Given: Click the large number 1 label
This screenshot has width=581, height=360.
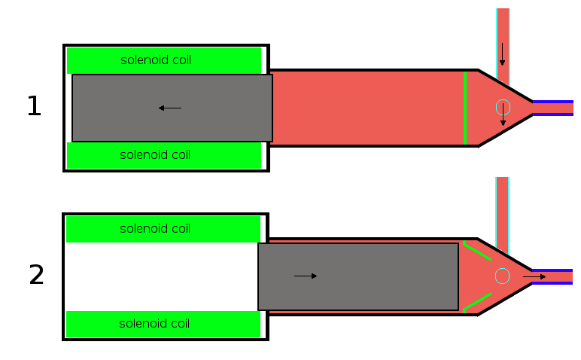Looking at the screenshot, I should [x=34, y=107].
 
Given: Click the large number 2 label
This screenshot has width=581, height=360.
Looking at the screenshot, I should [x=36, y=276].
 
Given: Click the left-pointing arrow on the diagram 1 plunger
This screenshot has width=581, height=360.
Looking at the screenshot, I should [x=170, y=108].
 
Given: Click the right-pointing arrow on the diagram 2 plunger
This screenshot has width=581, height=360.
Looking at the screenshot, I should [x=306, y=276].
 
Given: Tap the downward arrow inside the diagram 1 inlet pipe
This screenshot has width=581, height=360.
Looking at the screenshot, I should [x=502, y=54].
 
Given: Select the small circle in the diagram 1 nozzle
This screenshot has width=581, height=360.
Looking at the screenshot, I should [x=503, y=107].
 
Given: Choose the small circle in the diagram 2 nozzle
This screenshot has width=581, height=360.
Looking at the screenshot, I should [x=502, y=276].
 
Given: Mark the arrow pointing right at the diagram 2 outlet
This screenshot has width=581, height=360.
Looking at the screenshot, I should [x=534, y=276].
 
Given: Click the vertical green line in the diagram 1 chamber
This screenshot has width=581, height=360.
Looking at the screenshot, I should [x=464, y=108].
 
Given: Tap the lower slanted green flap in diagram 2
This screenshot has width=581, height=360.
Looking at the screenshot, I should [x=477, y=301].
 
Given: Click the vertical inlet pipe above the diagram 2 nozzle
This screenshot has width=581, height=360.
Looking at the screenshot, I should [x=502, y=203].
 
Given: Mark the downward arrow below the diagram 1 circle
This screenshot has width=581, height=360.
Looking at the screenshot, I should [x=503, y=120].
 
